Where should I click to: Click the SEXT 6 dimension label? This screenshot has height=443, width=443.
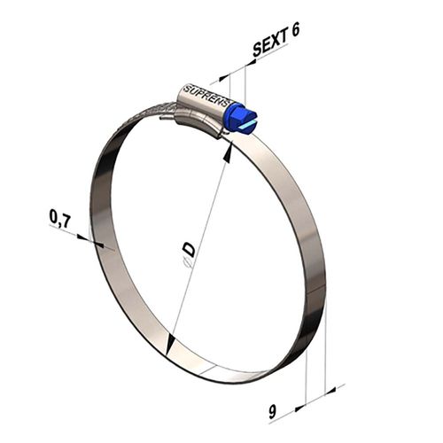coord(276,38)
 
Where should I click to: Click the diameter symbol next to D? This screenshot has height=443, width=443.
coord(185,263)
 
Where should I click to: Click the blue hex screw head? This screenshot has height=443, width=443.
coord(240,120)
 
